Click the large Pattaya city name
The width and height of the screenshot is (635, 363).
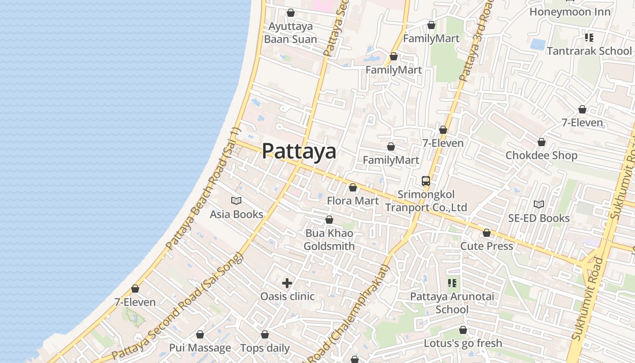[x=299, y=151]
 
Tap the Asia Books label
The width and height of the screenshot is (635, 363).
[x=236, y=214]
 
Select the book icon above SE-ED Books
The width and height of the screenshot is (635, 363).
[x=538, y=205]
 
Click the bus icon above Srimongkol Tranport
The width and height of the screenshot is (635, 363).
[x=425, y=181]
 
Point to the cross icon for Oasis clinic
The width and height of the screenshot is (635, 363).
[x=287, y=284]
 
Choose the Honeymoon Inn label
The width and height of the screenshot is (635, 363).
[x=570, y=12]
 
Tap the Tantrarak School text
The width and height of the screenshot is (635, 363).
[x=589, y=51]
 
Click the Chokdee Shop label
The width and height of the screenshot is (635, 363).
[x=541, y=156]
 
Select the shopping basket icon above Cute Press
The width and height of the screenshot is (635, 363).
[x=487, y=233]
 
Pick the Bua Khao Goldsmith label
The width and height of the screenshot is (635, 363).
[x=329, y=240]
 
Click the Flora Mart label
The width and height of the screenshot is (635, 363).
[x=352, y=201]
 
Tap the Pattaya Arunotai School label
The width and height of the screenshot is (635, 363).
[x=452, y=303]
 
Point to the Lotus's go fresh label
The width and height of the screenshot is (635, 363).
[x=463, y=343]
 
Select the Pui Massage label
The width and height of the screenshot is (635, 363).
[x=200, y=348]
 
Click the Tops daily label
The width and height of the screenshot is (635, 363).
[x=265, y=348]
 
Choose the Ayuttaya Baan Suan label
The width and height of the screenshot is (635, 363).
[x=290, y=33]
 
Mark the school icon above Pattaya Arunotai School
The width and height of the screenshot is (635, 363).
[x=452, y=284]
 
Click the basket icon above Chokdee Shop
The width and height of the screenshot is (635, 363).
[x=541, y=142]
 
